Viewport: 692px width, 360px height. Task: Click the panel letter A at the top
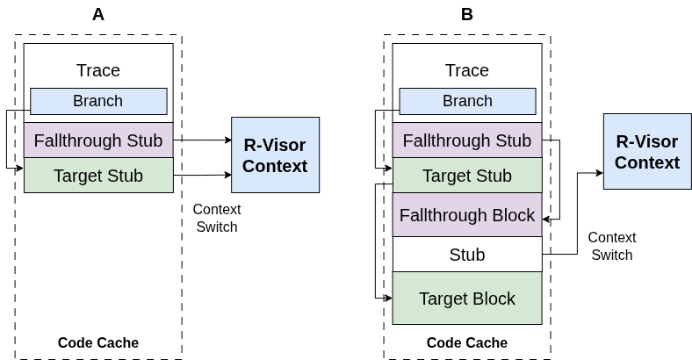[x=98, y=14]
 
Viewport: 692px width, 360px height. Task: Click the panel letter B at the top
[x=467, y=14]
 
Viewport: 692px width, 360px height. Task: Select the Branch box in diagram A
[x=98, y=101]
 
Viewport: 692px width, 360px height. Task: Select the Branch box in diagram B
[x=467, y=101]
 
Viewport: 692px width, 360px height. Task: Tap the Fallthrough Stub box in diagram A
[x=98, y=140]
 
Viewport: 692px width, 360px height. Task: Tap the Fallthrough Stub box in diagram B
[x=467, y=140]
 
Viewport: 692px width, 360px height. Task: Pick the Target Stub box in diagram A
[x=98, y=176]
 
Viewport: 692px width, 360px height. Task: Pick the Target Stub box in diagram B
[x=467, y=176]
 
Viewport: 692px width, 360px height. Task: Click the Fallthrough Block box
[x=467, y=215]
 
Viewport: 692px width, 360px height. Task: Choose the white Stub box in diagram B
[x=467, y=255]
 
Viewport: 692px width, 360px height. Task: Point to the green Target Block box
[x=467, y=299]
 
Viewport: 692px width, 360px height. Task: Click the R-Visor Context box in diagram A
[x=275, y=155]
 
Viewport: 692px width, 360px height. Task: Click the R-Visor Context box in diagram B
[x=647, y=151]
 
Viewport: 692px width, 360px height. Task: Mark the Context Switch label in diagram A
[x=216, y=218]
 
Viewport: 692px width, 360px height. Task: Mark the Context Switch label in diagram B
[x=611, y=246]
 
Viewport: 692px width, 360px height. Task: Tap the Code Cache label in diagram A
[x=98, y=342]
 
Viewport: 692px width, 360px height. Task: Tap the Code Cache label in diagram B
[x=467, y=342]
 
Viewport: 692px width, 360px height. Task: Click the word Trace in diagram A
[x=98, y=70]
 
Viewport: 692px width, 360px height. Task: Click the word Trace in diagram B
[x=467, y=70]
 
